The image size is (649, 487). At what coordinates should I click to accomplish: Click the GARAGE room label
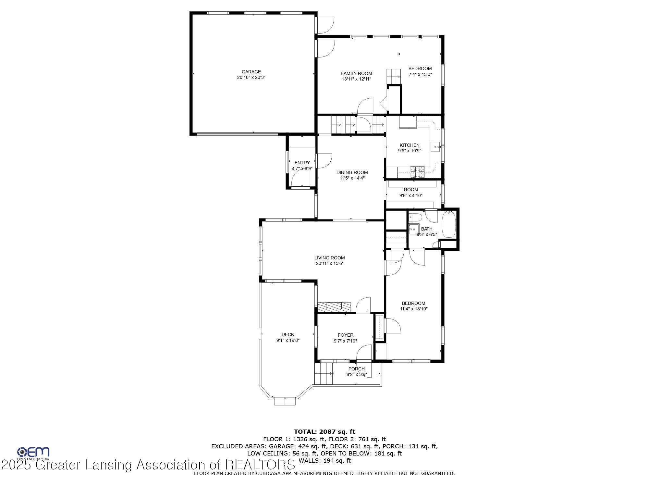[x=251, y=72]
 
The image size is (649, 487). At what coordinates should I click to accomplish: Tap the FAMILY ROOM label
[x=356, y=73]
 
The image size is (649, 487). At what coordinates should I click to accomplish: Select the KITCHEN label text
[x=410, y=145]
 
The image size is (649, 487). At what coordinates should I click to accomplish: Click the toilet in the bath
[x=415, y=217]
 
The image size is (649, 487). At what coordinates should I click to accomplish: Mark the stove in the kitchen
[x=417, y=172]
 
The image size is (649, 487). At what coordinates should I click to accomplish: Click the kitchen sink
[x=435, y=147]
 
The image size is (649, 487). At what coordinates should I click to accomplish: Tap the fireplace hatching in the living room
[x=334, y=306]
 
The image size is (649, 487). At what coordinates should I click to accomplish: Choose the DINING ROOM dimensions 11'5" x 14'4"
[x=352, y=178]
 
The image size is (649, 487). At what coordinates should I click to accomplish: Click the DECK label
[x=288, y=334]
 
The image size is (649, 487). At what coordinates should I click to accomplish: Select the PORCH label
[x=356, y=369]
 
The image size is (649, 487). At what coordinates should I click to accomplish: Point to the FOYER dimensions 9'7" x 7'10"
[x=345, y=341]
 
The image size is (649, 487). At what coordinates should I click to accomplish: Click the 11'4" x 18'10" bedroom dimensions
[x=414, y=309]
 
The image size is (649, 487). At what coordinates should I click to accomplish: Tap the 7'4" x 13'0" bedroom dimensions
[x=420, y=74]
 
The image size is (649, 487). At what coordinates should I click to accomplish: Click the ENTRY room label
[x=302, y=163]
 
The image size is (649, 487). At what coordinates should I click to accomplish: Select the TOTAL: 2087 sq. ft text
[x=324, y=431]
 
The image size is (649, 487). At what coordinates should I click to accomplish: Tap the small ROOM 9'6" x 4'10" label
[x=411, y=190]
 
